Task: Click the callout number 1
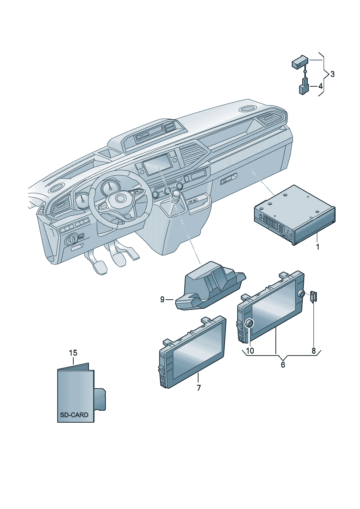pos(318,247)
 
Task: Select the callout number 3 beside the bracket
pos(332,74)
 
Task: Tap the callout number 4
pos(320,86)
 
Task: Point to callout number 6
pos(283,365)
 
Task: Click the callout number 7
pos(199,388)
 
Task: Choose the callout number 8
pos(314,351)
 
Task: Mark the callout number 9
pos(162,299)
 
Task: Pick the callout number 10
pos(250,351)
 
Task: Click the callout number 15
pos(73,353)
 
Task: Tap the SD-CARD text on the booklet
pos(74,415)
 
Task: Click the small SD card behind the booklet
pos(100,399)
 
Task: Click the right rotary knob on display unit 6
pos(301,294)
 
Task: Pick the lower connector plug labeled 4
pos(303,89)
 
